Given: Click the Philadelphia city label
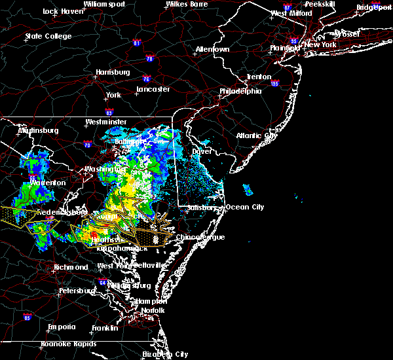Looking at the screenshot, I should click(x=240, y=91).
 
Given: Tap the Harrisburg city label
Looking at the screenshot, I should click(x=113, y=72).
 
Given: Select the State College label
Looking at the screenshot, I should click(x=47, y=36).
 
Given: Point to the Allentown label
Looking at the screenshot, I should click(x=212, y=49).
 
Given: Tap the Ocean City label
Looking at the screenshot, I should click(x=244, y=207).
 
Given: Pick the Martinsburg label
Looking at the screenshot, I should click(x=38, y=130).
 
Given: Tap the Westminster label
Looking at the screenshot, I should click(x=106, y=122).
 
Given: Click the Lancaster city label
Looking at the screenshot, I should click(x=153, y=89).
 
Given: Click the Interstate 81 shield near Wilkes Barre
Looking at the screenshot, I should click(x=136, y=44).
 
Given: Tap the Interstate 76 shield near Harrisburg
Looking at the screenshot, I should click(x=145, y=78).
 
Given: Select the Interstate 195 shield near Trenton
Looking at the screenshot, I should click(x=274, y=84).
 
